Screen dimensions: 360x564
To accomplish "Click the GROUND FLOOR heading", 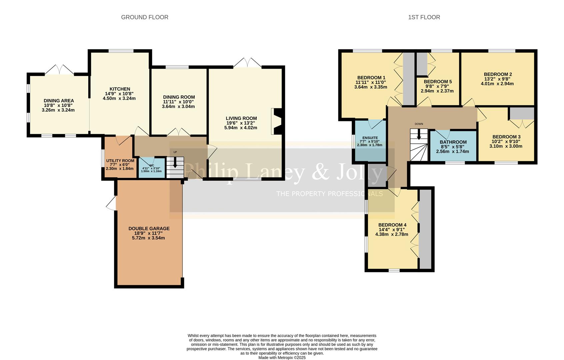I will tap(144, 17).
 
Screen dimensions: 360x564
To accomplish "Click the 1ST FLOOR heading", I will tap(424, 17).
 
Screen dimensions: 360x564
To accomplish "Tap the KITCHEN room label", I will tap(120, 89).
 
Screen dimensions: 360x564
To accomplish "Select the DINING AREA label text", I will tap(59, 101).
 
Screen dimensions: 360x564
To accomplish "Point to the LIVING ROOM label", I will tap(241, 118).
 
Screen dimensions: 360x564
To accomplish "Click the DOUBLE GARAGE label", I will tap(149, 229).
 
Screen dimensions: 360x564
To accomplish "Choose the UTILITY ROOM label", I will tap(120, 161).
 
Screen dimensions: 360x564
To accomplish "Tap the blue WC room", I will tap(151, 168).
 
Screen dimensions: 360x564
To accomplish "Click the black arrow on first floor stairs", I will tap(419, 135).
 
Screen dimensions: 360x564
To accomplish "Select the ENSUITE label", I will tap(370, 138).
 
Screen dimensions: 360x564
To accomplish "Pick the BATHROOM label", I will tap(453, 142).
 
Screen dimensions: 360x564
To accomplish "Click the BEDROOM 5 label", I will tap(438, 82).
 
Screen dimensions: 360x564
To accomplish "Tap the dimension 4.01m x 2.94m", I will tap(497, 84).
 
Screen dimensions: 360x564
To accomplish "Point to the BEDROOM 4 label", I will tap(392, 225).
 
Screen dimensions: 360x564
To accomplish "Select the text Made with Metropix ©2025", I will tap(282, 357).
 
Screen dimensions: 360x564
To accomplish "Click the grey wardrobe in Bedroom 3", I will tap(522, 113).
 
